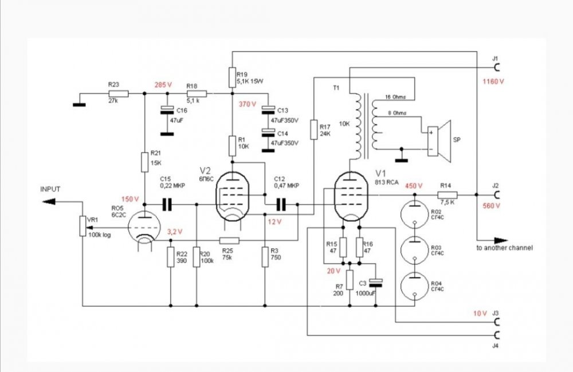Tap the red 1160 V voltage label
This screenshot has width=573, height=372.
(x=493, y=81)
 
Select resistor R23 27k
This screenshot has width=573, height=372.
(x=117, y=93)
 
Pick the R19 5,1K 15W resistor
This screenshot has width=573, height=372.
(x=232, y=77)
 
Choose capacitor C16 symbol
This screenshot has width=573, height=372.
(x=166, y=109)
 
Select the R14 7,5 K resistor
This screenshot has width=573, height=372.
(x=448, y=195)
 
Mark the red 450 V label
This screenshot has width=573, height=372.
(x=414, y=186)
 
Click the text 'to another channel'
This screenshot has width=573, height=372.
(x=504, y=248)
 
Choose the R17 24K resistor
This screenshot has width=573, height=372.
(x=313, y=130)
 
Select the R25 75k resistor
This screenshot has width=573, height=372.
(x=229, y=240)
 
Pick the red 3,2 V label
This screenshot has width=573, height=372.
(x=174, y=232)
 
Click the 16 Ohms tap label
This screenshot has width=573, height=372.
(x=395, y=97)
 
